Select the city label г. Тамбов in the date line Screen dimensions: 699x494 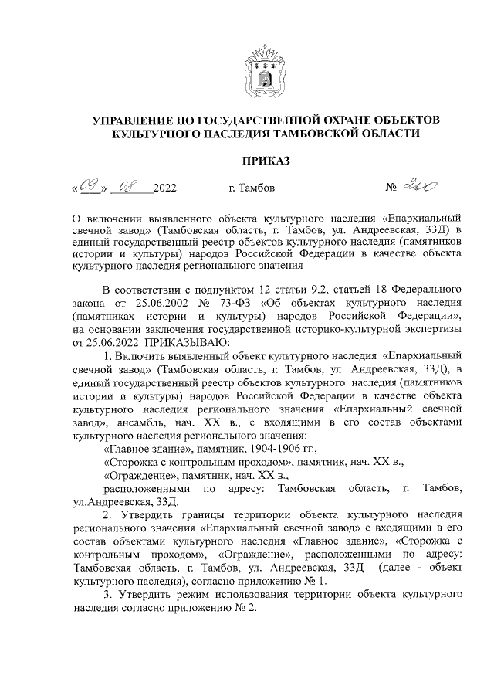pyautogui.click(x=251, y=188)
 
